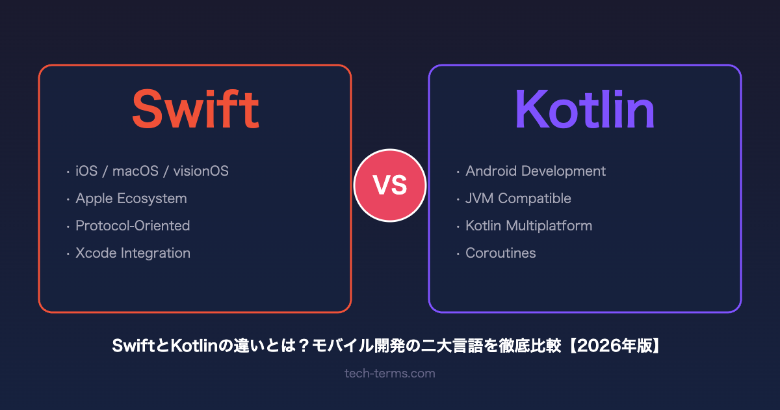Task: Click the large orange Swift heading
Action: coord(196,109)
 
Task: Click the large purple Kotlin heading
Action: coord(585,109)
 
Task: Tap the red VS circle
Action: coord(390,185)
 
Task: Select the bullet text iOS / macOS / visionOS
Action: coord(152,171)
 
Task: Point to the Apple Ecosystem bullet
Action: coord(131,198)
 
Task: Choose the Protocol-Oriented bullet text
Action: coord(133,226)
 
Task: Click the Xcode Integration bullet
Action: coord(133,253)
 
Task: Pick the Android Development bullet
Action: coord(536,171)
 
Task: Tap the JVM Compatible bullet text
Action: coord(518,198)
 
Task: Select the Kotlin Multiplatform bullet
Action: coord(529,226)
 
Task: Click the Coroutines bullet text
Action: coord(500,253)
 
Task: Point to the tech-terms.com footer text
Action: coord(390,374)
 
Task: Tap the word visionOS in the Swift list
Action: coord(201,171)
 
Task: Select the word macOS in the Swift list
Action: coord(135,171)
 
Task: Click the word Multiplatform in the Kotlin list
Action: coord(549,226)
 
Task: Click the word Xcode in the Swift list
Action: coord(96,253)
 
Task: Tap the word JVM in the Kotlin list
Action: coord(480,198)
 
